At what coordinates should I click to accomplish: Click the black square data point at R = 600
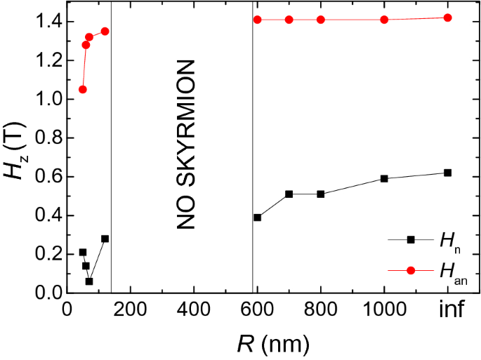pos(258,218)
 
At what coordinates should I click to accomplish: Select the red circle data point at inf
pos(447,18)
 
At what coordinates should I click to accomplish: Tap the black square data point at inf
pos(447,173)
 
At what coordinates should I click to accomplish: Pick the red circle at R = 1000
pos(384,20)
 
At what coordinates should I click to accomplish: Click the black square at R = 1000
pos(384,178)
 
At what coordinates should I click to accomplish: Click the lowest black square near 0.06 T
pos(89,281)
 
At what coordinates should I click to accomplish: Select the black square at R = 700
pos(289,194)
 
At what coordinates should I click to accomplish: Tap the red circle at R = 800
pos(321,20)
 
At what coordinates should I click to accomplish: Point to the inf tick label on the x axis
pos(447,310)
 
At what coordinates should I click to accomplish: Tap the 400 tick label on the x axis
pos(194,310)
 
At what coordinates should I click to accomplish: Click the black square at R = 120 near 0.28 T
pos(105,239)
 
